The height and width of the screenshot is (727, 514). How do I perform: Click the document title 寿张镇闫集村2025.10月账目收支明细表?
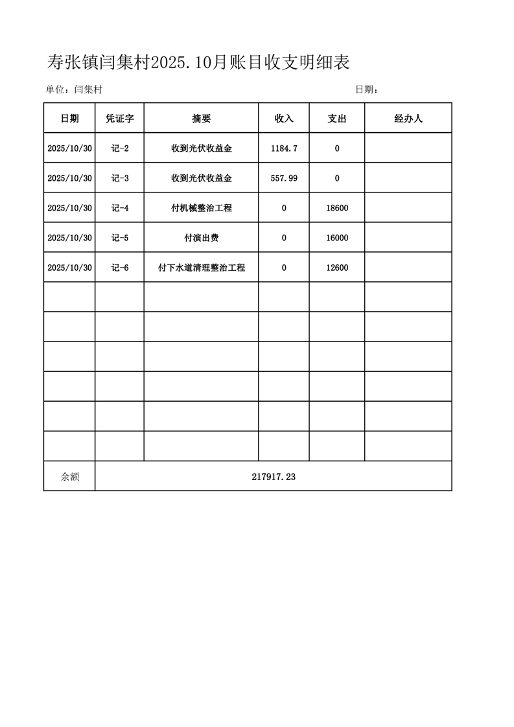(198, 62)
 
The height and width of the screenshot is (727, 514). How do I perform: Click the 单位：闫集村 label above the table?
(74, 90)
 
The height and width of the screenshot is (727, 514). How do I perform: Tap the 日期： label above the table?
(366, 90)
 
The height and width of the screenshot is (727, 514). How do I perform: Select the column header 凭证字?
(119, 119)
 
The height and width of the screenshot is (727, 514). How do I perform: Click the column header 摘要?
(202, 119)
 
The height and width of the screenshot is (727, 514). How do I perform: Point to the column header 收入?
(284, 119)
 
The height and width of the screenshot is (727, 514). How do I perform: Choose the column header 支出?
(337, 119)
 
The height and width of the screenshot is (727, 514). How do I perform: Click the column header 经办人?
(408, 119)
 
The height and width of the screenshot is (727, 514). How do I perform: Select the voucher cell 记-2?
(120, 148)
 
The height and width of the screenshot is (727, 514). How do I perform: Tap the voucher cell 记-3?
(120, 178)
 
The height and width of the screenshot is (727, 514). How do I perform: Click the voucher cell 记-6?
(120, 268)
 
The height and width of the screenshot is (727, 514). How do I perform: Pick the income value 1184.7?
(284, 148)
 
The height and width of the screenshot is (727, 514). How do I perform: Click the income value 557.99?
(284, 178)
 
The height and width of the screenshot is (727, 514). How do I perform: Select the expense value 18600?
(337, 208)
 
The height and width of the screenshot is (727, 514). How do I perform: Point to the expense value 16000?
(337, 238)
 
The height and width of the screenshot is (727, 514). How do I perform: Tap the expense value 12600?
(337, 268)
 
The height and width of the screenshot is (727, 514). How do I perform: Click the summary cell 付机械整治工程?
(202, 208)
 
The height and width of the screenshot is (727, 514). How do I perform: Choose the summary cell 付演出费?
(202, 238)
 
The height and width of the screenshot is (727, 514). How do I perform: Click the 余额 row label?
(70, 476)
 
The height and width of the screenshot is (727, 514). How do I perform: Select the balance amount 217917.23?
(274, 476)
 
